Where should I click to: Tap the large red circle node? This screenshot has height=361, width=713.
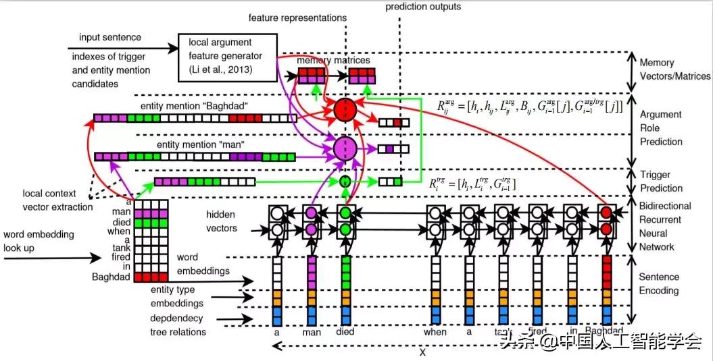click(x=345, y=109)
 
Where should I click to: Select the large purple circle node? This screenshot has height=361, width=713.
click(x=345, y=148)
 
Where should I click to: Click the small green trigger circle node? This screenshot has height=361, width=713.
click(x=345, y=181)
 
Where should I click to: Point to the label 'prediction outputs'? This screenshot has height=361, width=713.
click(x=423, y=7)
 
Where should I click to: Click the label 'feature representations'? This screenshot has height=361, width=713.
click(x=297, y=18)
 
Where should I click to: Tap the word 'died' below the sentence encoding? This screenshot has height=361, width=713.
click(x=345, y=332)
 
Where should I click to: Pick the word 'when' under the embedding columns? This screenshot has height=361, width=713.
click(x=435, y=332)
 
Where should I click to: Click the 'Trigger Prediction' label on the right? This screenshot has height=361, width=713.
click(x=661, y=182)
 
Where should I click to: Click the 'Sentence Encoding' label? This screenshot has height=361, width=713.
click(x=659, y=284)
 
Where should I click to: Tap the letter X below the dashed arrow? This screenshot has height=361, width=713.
click(x=423, y=352)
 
